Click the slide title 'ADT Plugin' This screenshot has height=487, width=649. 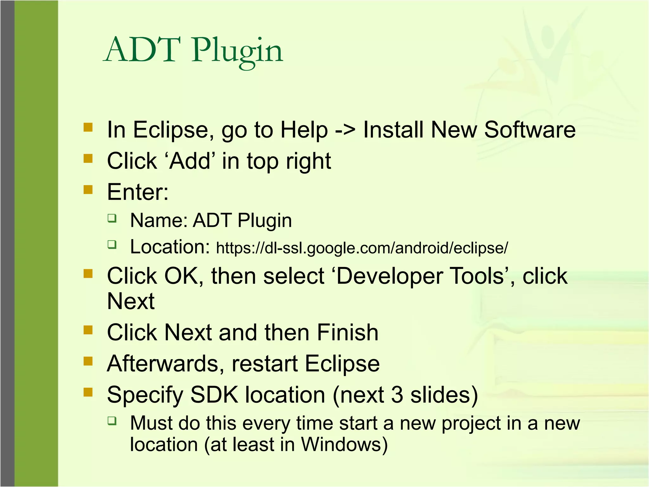[193, 51]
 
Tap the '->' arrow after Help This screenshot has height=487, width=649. [345, 130]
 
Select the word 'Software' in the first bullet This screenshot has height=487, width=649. [530, 130]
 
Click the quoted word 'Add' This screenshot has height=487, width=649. [190, 161]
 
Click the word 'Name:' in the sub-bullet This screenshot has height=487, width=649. [159, 221]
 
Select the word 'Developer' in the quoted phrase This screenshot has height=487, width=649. [389, 276]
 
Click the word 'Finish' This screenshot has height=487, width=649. [348, 333]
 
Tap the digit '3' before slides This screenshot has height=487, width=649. [397, 395]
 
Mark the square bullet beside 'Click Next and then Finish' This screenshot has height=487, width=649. [88, 330]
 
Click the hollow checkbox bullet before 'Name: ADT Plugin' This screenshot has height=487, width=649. [112, 218]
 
